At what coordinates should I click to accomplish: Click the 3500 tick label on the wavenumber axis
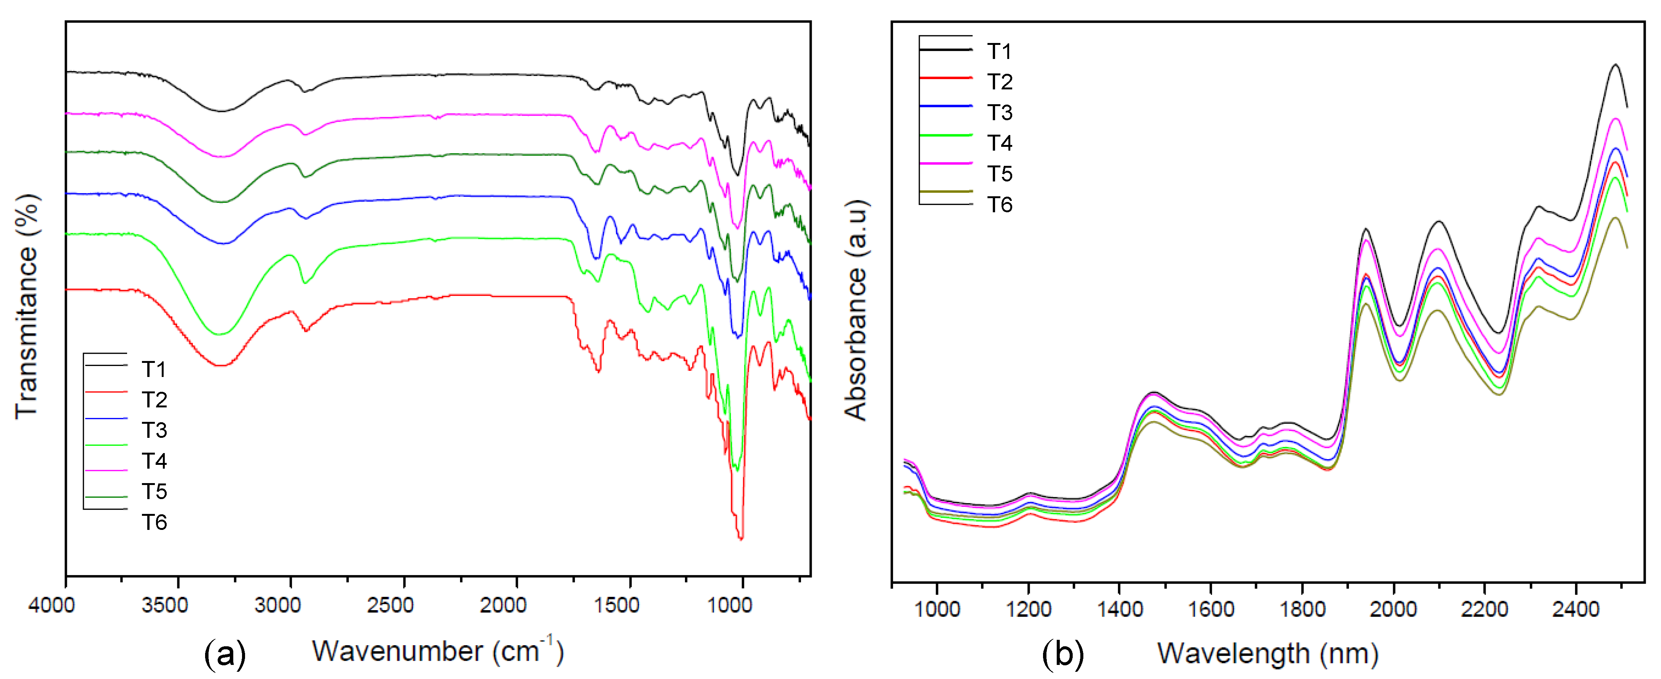coord(165,606)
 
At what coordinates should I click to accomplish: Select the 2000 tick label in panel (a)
coord(503,606)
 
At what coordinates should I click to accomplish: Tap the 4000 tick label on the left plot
coord(52,606)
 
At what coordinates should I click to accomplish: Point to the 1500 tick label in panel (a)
coord(616,606)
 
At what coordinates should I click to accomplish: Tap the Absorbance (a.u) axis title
coord(856,310)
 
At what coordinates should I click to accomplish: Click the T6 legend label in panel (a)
coord(154,522)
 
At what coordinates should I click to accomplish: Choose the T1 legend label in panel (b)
coord(999,51)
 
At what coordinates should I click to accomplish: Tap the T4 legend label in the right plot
coord(999,143)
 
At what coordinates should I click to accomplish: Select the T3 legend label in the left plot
coord(154,430)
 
